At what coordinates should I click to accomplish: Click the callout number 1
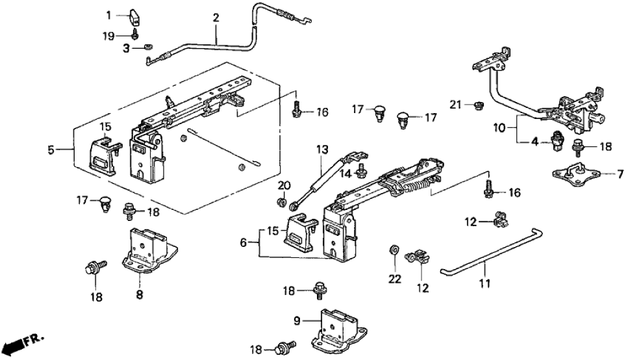(110, 13)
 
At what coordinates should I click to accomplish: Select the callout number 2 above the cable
(216, 17)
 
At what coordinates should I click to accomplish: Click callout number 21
(455, 103)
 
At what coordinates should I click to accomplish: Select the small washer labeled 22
(394, 250)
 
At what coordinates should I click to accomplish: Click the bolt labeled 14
(364, 172)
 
